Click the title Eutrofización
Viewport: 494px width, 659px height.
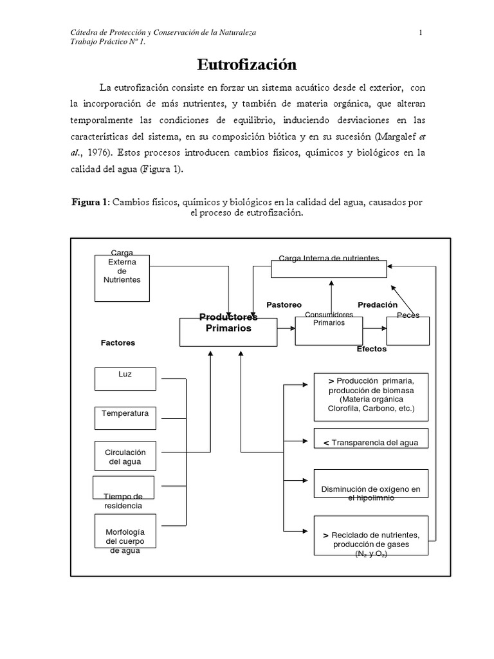pos(246,65)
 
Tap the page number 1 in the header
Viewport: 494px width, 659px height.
pos(420,33)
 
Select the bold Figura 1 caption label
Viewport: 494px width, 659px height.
pos(90,202)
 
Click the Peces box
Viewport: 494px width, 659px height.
pos(408,331)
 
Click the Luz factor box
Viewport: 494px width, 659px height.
pos(125,378)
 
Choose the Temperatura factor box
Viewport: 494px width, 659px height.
pos(125,418)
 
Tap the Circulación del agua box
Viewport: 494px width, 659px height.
pos(125,456)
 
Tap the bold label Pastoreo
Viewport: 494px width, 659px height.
pos(284,304)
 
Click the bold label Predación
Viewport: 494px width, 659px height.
pos(378,304)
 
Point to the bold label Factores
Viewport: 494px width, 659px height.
pos(118,343)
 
